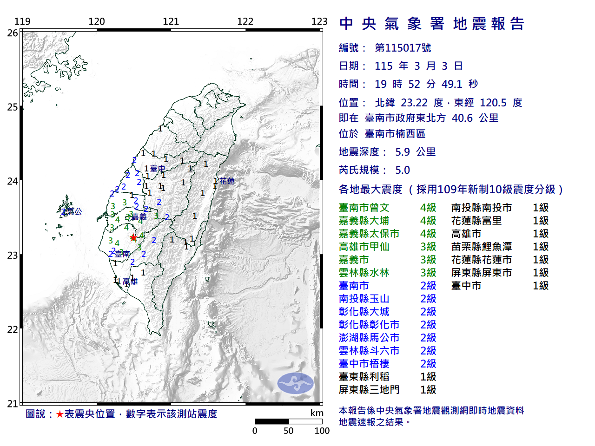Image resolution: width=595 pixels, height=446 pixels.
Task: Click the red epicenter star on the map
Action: [133, 237]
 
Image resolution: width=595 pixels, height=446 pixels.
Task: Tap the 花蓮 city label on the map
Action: [227, 181]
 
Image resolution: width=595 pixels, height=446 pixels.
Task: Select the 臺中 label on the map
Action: [158, 169]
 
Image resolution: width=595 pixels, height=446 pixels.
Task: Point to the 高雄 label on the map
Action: [130, 281]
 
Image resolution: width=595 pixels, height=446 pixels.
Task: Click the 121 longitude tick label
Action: [171, 21]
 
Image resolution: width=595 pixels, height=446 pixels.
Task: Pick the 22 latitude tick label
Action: [13, 330]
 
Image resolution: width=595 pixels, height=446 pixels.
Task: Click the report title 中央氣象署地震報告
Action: [432, 24]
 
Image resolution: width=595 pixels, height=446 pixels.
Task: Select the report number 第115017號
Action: [403, 48]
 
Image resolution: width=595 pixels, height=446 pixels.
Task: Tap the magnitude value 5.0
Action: [403, 170]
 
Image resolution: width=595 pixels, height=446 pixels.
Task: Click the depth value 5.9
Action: [403, 152]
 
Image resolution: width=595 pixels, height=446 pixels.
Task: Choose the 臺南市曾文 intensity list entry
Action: [364, 208]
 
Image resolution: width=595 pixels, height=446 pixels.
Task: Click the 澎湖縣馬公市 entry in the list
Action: [369, 338]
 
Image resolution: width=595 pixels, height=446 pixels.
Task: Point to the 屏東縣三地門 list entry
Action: [369, 390]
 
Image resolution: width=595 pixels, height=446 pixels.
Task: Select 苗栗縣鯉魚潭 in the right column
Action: [482, 247]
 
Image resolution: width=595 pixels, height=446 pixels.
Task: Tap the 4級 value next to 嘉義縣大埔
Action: [428, 221]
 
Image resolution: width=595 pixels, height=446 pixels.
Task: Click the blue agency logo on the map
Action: [296, 383]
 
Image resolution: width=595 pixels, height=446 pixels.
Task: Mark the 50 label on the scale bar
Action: [288, 431]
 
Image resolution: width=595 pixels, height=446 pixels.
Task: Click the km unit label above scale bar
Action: [317, 413]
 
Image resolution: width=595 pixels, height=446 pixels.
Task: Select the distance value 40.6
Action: [462, 118]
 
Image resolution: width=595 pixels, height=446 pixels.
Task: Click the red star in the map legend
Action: [59, 414]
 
